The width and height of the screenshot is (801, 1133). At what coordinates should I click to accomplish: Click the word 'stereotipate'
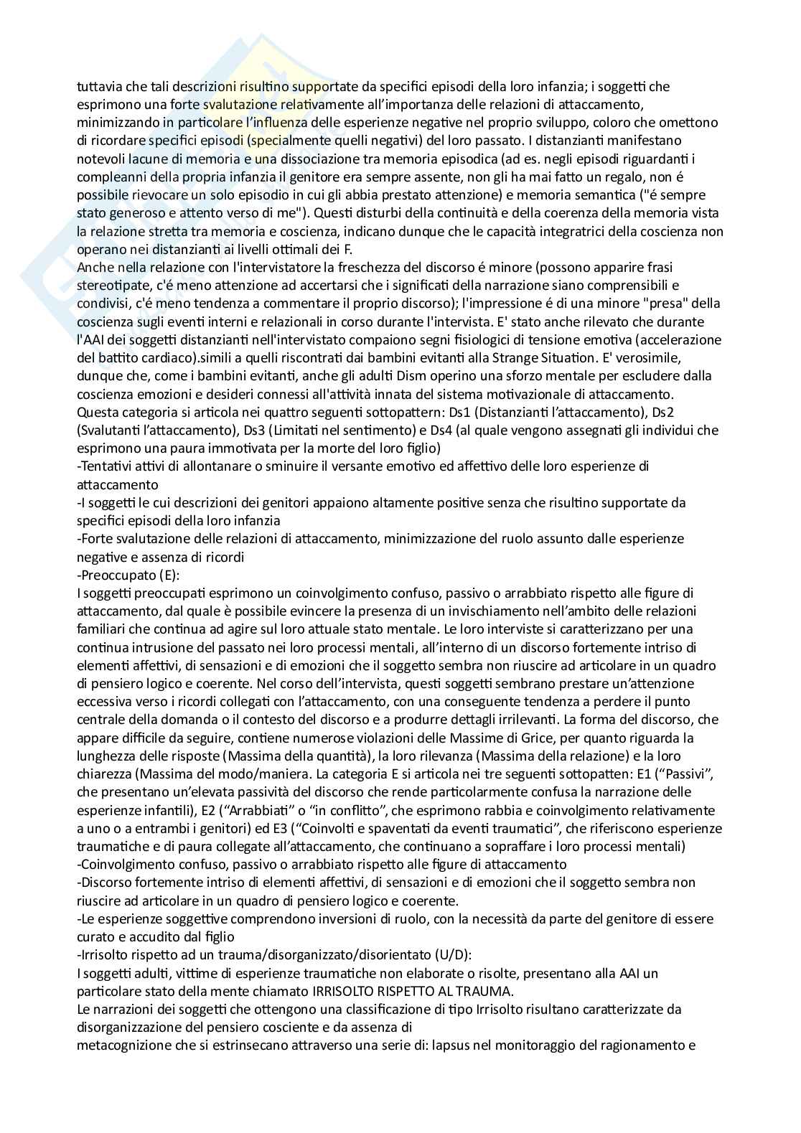(x=112, y=286)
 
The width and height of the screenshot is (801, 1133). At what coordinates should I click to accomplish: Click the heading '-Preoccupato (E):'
(x=123, y=574)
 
